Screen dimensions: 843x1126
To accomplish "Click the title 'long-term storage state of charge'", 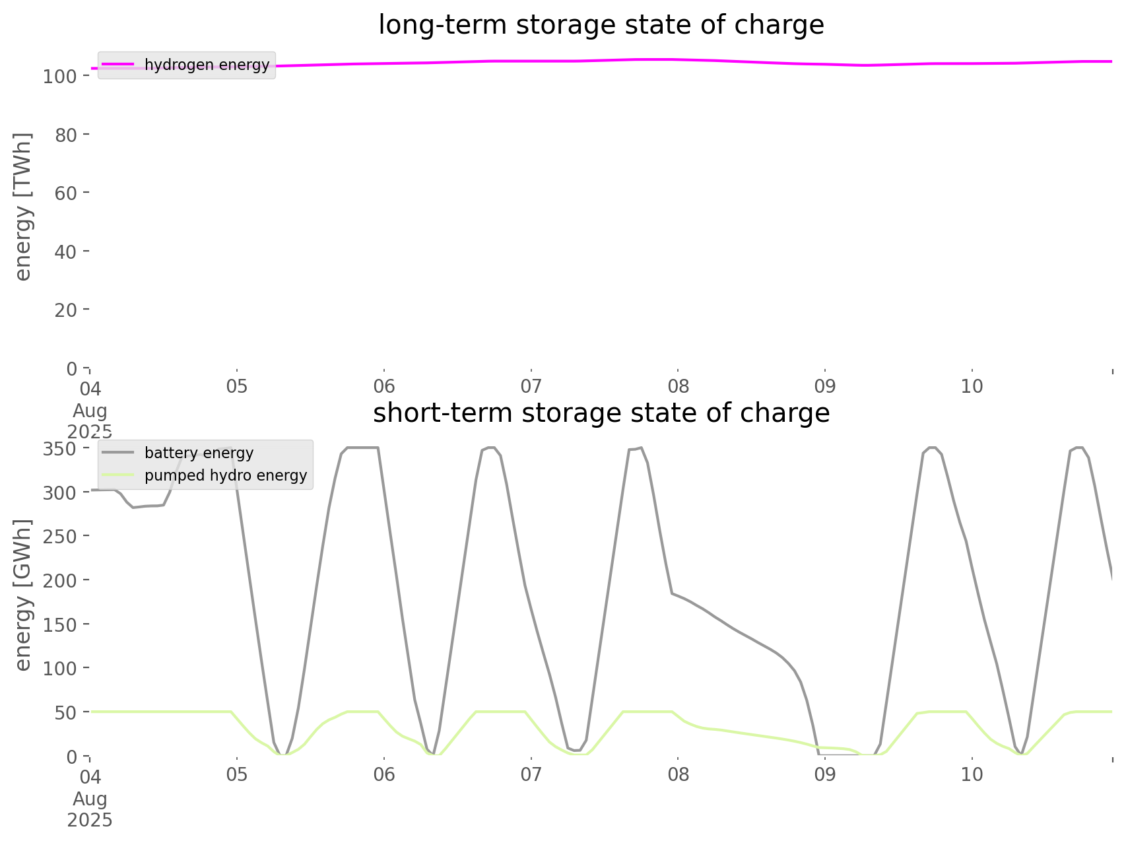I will (601, 25).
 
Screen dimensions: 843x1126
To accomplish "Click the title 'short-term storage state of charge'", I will (601, 413).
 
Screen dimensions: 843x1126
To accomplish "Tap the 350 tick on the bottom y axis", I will (60, 449).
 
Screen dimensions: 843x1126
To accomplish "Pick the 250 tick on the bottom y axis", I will (60, 537).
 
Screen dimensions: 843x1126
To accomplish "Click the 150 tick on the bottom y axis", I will (60, 624).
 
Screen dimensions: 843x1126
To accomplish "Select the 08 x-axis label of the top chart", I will (678, 386).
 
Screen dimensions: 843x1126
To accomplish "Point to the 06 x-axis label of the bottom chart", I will (383, 774).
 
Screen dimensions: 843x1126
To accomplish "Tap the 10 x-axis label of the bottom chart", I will (972, 774).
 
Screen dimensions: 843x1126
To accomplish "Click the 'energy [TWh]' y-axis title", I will (23, 207).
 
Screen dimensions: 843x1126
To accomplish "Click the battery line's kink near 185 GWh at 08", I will (672, 593).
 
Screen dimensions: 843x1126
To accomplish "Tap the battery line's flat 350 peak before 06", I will (362, 448).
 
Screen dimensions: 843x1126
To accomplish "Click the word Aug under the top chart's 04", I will (90, 410).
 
